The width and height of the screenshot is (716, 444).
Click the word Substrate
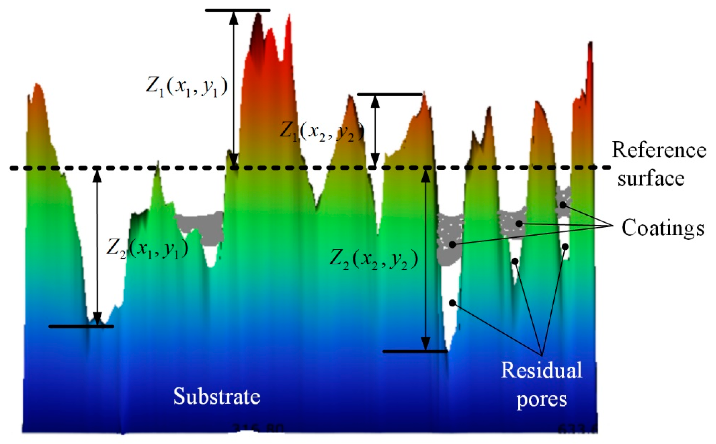tap(217, 396)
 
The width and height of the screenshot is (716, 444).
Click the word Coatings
tap(662, 228)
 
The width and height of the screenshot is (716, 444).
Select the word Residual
tap(541, 370)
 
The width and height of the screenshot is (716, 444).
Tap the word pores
tap(541, 399)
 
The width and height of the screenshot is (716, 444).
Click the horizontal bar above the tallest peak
tap(238, 10)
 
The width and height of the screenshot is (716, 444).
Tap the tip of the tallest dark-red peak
tap(258, 14)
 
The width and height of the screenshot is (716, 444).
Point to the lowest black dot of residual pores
tap(452, 303)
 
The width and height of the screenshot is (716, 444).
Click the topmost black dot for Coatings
tap(563, 205)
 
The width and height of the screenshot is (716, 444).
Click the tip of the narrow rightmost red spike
tap(590, 43)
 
